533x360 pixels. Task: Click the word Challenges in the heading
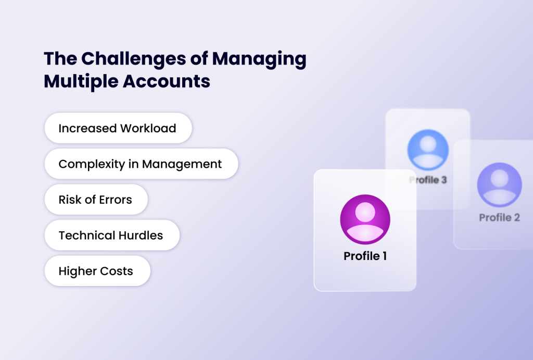[127, 58]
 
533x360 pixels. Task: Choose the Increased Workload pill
[118, 128]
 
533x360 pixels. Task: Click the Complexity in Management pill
[141, 164]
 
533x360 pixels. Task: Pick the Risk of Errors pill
[96, 200]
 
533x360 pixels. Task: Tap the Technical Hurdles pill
[111, 235]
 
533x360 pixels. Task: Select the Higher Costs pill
[97, 271]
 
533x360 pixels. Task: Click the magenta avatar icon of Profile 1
[365, 219]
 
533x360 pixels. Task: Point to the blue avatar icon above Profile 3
[428, 150]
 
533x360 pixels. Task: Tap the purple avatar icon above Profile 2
[499, 185]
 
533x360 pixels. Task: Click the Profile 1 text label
[365, 256]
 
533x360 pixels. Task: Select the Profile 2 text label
[499, 217]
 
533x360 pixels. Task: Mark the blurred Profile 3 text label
[428, 180]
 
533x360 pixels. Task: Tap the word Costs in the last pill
[117, 271]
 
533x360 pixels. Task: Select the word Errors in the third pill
[116, 200]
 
